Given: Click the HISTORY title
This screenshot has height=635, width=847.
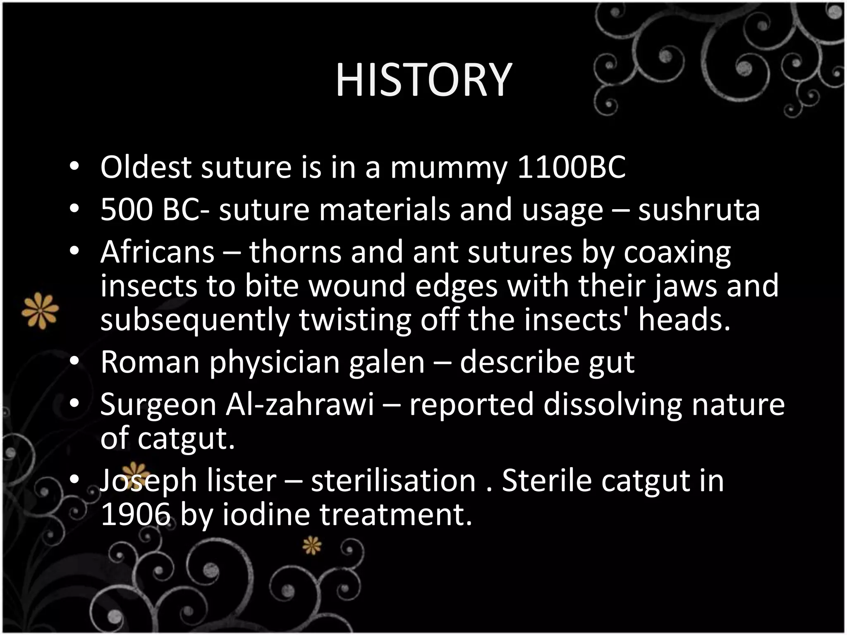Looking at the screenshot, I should pyautogui.click(x=423, y=80).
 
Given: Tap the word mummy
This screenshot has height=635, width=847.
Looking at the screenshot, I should pyautogui.click(x=448, y=167).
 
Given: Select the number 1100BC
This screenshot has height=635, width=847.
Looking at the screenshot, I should pyautogui.click(x=572, y=167).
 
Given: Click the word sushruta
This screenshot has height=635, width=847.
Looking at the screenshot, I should pyautogui.click(x=699, y=210).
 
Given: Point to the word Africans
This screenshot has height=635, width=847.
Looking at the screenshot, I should pyautogui.click(x=158, y=252).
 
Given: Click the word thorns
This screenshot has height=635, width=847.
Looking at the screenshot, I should pyautogui.click(x=295, y=252).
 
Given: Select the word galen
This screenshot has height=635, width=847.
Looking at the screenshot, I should pyautogui.click(x=387, y=363).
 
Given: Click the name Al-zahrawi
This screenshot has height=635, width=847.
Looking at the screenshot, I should pyautogui.click(x=300, y=405).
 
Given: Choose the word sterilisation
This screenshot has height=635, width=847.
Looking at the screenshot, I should pyautogui.click(x=393, y=481).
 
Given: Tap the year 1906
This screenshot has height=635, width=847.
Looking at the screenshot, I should pyautogui.click(x=136, y=515).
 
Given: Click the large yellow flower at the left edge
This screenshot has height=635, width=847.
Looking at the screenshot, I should pyautogui.click(x=40, y=310).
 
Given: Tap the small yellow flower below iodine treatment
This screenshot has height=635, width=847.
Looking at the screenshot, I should pyautogui.click(x=311, y=546).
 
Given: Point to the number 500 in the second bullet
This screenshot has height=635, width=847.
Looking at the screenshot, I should pyautogui.click(x=127, y=210).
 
